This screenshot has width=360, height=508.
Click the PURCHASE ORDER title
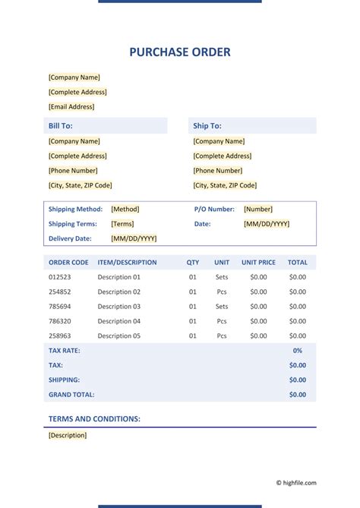tap(180, 52)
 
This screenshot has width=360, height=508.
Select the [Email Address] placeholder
tap(71, 107)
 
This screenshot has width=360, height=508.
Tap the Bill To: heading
tap(60, 126)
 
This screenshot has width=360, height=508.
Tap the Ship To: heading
tap(207, 126)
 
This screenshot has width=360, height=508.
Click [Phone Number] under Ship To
tap(218, 171)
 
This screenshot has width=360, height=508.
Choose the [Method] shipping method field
tap(125, 209)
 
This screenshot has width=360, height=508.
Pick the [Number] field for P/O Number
tap(258, 209)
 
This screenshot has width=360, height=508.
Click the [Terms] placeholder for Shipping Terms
tap(122, 224)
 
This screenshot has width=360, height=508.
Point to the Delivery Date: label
tap(70, 238)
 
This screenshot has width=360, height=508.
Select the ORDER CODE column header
tap(69, 263)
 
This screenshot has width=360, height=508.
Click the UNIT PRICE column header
tap(258, 263)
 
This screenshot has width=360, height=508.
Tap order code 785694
tap(60, 307)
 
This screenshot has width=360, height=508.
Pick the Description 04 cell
tap(119, 321)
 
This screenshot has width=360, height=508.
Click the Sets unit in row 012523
tap(222, 278)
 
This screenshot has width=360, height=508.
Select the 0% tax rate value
tap(298, 351)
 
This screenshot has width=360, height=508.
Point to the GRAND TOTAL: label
tap(71, 395)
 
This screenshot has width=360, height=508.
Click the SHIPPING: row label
tap(65, 380)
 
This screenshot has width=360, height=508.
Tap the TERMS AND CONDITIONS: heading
tap(94, 419)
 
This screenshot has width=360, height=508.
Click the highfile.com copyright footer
tap(296, 482)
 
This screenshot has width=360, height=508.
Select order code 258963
tap(60, 336)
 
